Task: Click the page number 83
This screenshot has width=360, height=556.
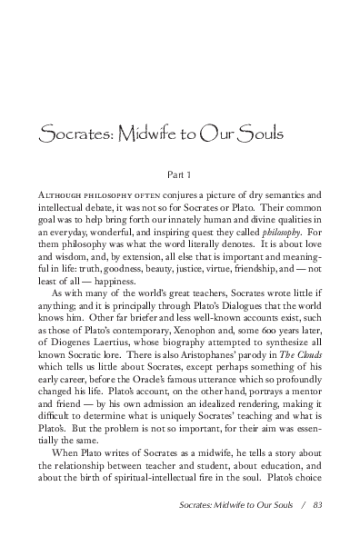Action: coord(315,531)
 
